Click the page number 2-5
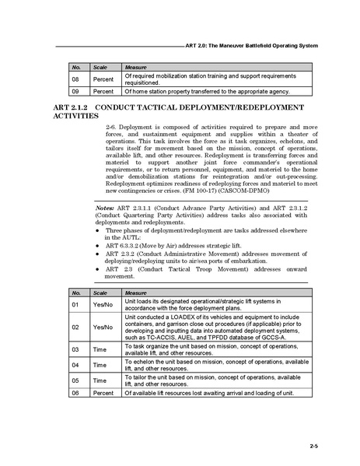point(313,445)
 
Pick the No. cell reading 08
point(76,79)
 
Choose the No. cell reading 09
point(76,91)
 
